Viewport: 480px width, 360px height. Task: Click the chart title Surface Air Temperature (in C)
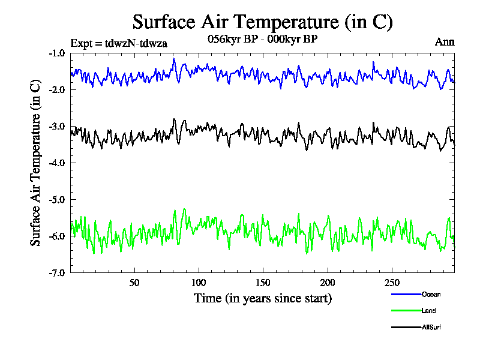tap(262, 22)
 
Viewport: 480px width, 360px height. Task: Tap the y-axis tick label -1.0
tap(56, 53)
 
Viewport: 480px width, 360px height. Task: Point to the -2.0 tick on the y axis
tap(56, 89)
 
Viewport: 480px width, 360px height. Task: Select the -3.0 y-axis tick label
tap(56, 126)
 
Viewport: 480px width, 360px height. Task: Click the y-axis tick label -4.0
tap(56, 163)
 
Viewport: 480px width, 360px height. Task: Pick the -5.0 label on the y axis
tap(56, 199)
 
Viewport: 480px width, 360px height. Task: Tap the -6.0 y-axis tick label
tap(56, 236)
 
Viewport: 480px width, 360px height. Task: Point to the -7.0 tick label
tap(56, 272)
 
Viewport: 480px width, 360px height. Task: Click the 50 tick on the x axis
tap(134, 283)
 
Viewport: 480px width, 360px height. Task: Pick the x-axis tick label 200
tap(328, 283)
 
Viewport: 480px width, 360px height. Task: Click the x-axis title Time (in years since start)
tap(262, 298)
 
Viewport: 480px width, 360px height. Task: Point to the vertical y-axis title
tap(36, 163)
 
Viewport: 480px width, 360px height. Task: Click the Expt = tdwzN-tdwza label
tap(118, 43)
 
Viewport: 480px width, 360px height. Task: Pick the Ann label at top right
tap(444, 42)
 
